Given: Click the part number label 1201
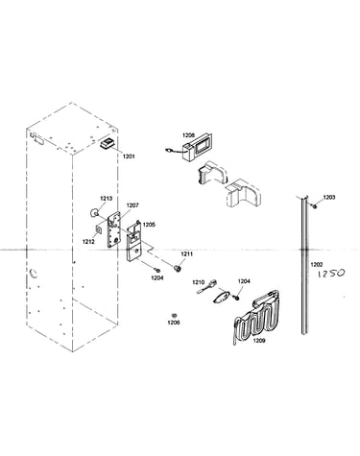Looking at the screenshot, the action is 129,156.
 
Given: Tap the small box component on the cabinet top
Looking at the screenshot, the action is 108,143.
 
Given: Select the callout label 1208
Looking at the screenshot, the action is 188,135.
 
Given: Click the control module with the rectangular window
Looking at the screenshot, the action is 196,147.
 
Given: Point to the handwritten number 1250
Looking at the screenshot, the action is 331,274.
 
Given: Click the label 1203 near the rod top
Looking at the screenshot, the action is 329,198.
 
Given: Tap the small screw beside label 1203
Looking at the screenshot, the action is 315,206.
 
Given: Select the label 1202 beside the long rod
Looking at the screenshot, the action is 317,265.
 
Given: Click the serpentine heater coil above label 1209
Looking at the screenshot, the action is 256,317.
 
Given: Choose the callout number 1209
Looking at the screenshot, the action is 259,341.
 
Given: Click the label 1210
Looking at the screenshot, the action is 198,282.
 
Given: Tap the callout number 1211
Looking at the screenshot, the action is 187,254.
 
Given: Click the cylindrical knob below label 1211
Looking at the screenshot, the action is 178,268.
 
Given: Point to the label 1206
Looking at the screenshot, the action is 174,323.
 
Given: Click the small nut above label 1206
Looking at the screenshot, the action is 175,315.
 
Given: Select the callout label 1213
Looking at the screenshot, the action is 107,199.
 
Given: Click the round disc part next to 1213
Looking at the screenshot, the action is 94,212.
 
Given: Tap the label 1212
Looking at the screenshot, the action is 88,242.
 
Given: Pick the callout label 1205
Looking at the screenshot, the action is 149,225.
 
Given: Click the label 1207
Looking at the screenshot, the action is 132,205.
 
